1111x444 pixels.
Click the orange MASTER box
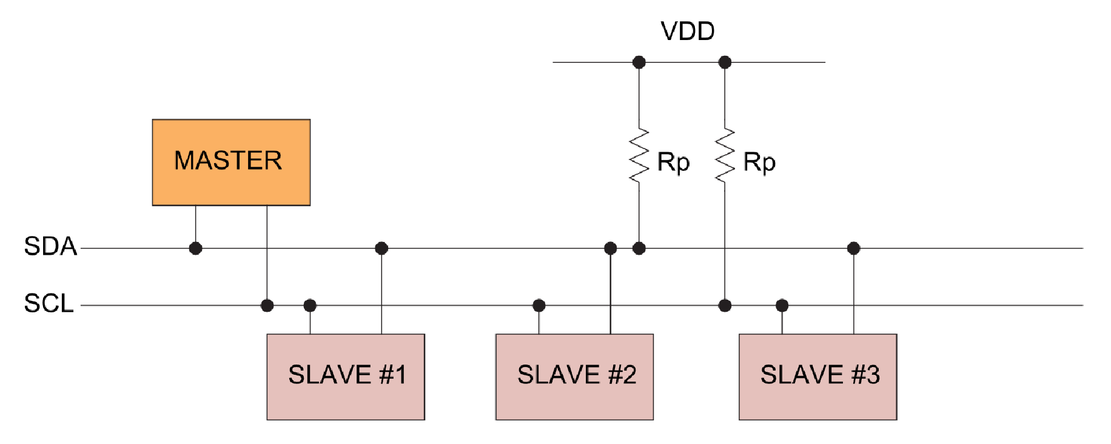pos(231,162)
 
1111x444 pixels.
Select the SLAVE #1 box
pos(346,377)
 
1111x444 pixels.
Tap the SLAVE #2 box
pos(574,377)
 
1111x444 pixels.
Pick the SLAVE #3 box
pos(817,377)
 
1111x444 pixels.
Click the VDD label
pos(688,31)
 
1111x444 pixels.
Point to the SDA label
pos(50,246)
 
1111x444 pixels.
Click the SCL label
pos(49,303)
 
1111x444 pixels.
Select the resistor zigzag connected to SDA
pos(639,156)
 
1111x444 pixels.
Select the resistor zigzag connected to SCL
pos(725,156)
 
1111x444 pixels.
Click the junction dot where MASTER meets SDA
pos(195,248)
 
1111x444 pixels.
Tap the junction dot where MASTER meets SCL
pos(267,305)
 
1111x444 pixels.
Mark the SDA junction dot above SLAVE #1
pos(381,248)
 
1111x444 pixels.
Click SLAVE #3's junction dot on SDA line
pos(853,248)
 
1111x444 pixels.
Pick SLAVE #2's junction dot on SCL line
pos(539,305)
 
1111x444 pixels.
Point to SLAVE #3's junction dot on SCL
pos(782,305)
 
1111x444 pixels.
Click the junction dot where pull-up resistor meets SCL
pos(725,305)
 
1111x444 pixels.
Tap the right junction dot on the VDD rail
pos(725,62)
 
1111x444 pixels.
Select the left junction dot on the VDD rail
pos(639,62)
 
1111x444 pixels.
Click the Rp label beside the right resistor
pos(759,163)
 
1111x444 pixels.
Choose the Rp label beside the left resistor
pos(673,163)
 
